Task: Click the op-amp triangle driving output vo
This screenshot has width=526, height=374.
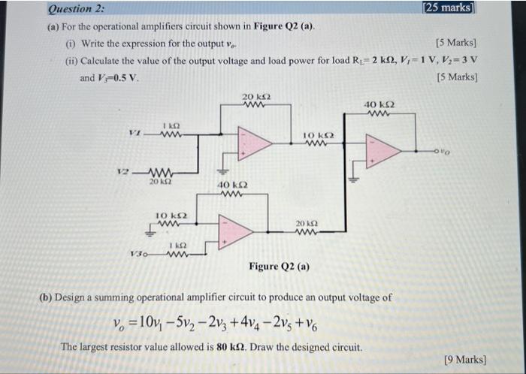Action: point(382,150)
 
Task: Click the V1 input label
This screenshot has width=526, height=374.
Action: point(135,135)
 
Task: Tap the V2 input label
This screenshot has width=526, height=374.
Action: point(128,171)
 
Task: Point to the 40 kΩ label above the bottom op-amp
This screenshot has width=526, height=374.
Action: point(231,185)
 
